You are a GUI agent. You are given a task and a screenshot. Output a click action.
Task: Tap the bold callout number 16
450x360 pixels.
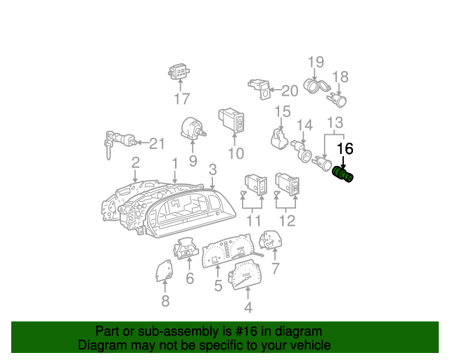(345, 148)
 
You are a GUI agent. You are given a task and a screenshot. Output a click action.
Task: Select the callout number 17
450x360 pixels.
(182, 98)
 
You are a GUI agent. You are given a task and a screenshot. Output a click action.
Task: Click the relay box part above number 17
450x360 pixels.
(179, 72)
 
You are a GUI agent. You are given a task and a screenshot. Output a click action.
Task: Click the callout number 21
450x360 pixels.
(157, 143)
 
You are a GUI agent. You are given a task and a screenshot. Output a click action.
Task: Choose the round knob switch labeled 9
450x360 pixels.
(193, 129)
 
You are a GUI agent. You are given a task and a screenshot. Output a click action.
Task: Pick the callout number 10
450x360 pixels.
(236, 153)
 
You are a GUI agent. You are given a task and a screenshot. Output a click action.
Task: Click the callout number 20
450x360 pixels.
(290, 91)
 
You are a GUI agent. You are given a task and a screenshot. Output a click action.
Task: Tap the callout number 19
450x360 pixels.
(316, 62)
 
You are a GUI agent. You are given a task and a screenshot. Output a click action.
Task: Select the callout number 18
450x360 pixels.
(340, 77)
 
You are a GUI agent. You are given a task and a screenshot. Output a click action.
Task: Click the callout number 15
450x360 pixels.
(283, 111)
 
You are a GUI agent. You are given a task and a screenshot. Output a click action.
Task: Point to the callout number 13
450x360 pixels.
(335, 122)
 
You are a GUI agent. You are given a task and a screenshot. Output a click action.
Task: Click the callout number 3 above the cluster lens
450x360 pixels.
(212, 169)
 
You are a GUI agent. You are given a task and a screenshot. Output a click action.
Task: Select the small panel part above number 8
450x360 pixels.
(165, 271)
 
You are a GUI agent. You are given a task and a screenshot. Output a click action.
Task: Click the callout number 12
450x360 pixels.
(287, 221)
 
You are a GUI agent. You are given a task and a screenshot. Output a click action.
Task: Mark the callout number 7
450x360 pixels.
(275, 269)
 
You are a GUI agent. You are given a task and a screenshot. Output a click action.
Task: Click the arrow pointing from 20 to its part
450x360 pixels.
(275, 90)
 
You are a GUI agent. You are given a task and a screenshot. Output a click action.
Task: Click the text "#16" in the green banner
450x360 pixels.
(246, 331)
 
